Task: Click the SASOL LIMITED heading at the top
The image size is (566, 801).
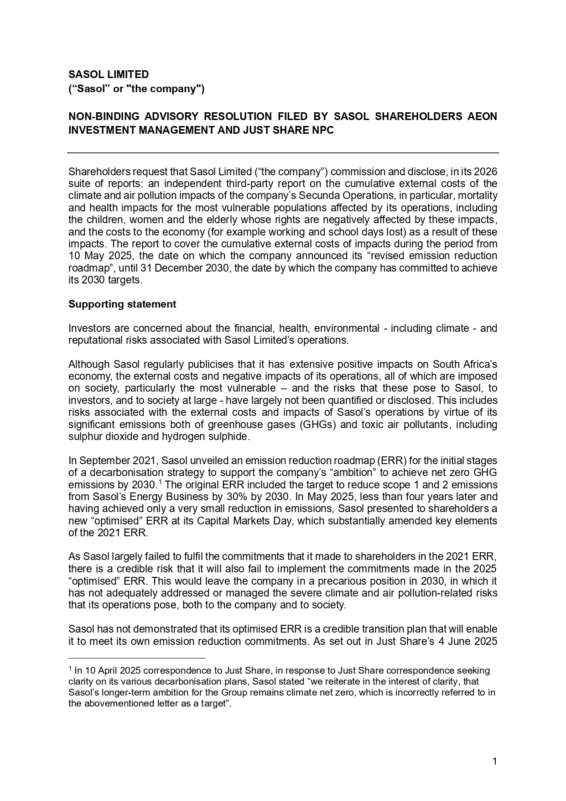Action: (109, 74)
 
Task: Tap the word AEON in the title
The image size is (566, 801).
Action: (482, 117)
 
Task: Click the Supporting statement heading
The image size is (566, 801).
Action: (122, 304)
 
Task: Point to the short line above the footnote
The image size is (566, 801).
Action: (137, 659)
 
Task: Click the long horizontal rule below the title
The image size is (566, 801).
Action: (283, 153)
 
